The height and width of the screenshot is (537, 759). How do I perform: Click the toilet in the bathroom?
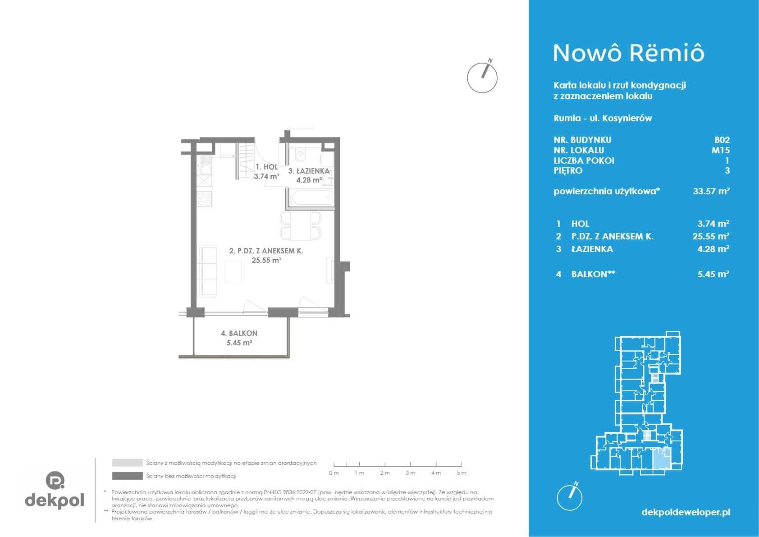(x=300, y=155)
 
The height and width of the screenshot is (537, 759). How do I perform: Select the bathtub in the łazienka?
(x=312, y=197)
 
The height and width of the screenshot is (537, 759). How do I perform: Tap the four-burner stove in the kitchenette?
(x=204, y=199)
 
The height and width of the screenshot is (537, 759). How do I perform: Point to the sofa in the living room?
(x=207, y=271)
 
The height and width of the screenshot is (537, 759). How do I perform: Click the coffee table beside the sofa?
(x=233, y=271)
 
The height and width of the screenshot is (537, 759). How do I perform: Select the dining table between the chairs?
(x=301, y=225)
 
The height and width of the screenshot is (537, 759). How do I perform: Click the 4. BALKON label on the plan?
(x=239, y=333)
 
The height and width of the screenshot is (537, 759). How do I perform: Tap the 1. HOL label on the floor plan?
(x=267, y=167)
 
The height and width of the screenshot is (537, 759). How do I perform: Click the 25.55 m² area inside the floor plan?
(x=266, y=260)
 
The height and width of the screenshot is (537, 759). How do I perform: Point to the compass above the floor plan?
(x=482, y=77)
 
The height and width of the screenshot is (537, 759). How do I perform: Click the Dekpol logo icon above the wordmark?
(x=55, y=480)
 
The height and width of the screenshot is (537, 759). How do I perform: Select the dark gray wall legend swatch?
(x=128, y=476)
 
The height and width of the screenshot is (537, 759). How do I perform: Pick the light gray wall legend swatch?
(x=128, y=463)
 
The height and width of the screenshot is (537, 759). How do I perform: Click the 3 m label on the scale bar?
(x=410, y=473)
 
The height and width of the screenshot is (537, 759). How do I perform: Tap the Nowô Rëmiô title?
(x=629, y=53)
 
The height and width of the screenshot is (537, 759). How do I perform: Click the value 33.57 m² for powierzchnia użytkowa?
(x=711, y=191)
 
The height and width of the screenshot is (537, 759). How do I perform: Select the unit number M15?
(x=720, y=150)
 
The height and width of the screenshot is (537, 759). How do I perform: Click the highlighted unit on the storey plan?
(x=661, y=459)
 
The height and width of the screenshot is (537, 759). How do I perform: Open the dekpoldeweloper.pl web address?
(x=686, y=512)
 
